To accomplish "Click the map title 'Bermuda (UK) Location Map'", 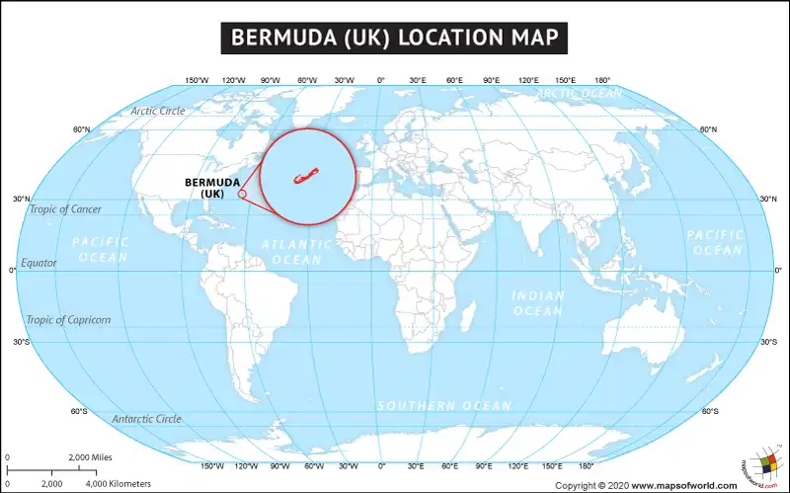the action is tap(394, 38).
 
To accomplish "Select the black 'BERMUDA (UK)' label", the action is tap(212, 187).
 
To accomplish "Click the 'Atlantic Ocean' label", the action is tap(296, 251).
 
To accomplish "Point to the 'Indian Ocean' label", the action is tap(538, 303).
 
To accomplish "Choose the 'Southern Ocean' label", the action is tap(444, 406).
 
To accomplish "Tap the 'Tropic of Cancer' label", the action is tap(65, 209).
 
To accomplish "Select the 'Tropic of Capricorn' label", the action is tap(68, 320).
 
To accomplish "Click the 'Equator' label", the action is tap(39, 263).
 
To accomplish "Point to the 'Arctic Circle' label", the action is tap(157, 111).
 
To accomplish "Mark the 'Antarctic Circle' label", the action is tap(146, 419).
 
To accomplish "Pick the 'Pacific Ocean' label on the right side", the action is tap(715, 242).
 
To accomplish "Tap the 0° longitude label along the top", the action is tap(381, 80).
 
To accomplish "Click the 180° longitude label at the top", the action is tap(601, 80).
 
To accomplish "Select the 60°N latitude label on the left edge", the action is tap(81, 129).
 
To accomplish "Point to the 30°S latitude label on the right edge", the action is tap(768, 342).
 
